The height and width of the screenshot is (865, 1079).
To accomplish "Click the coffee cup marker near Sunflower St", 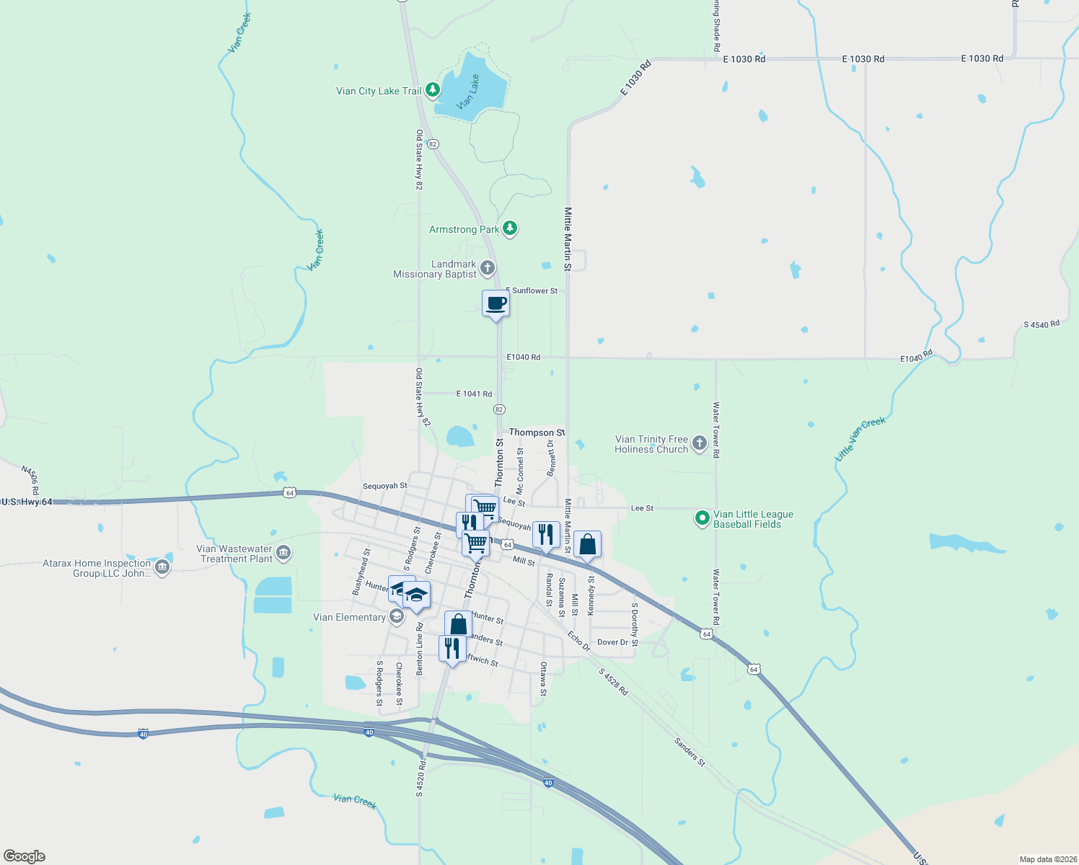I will coord(496,304).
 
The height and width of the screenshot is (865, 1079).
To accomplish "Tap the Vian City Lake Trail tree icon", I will coord(432,90).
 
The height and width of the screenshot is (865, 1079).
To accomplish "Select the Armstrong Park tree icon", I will coord(510,229).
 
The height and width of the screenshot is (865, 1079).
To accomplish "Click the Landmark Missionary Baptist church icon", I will coord(488,269).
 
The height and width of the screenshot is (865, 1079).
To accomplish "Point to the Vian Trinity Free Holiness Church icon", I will coord(699,443).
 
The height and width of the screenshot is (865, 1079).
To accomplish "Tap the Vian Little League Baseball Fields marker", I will coord(703,518).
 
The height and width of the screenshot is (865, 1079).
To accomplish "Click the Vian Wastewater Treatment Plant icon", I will coord(283,553).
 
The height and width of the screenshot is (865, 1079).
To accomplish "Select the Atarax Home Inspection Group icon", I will coord(162,567).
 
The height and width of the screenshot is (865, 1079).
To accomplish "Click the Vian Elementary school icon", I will coord(396,616).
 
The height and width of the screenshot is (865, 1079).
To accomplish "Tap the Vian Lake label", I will coord(468,92).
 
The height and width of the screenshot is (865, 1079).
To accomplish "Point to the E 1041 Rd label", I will coord(474,394).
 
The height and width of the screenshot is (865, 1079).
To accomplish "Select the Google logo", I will coord(24,856).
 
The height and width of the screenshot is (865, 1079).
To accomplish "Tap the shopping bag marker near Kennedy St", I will coord(587,545).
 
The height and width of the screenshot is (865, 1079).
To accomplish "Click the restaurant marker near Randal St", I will coord(546,535).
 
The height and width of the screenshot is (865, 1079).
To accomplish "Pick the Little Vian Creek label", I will coord(860,438).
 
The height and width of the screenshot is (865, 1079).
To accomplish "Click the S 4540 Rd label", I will coord(1041,324).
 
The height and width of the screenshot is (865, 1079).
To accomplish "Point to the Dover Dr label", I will coord(612,642).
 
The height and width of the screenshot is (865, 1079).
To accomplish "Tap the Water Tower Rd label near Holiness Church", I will coord(716,430).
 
